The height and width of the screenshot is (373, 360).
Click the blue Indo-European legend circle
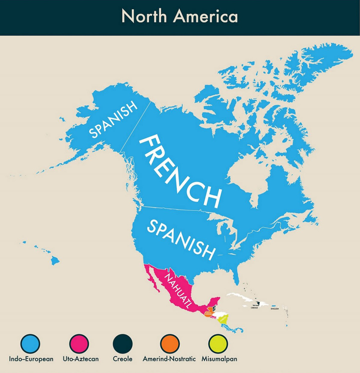click(x=30, y=344)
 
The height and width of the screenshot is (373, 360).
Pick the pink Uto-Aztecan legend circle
click(x=79, y=344)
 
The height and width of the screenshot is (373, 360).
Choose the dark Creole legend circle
click(x=123, y=344)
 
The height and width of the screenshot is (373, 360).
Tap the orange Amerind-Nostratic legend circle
click(x=170, y=344)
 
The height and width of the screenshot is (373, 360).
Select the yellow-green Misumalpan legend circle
click(x=218, y=344)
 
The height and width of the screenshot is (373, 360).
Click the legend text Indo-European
click(x=31, y=359)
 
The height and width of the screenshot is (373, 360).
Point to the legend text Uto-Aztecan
click(x=80, y=359)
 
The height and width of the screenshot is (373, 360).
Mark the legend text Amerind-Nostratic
click(x=170, y=359)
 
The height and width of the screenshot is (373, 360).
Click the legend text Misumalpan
click(x=219, y=359)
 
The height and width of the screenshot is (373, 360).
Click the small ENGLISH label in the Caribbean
click(x=274, y=309)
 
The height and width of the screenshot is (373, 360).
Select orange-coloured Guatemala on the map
click(x=207, y=314)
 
